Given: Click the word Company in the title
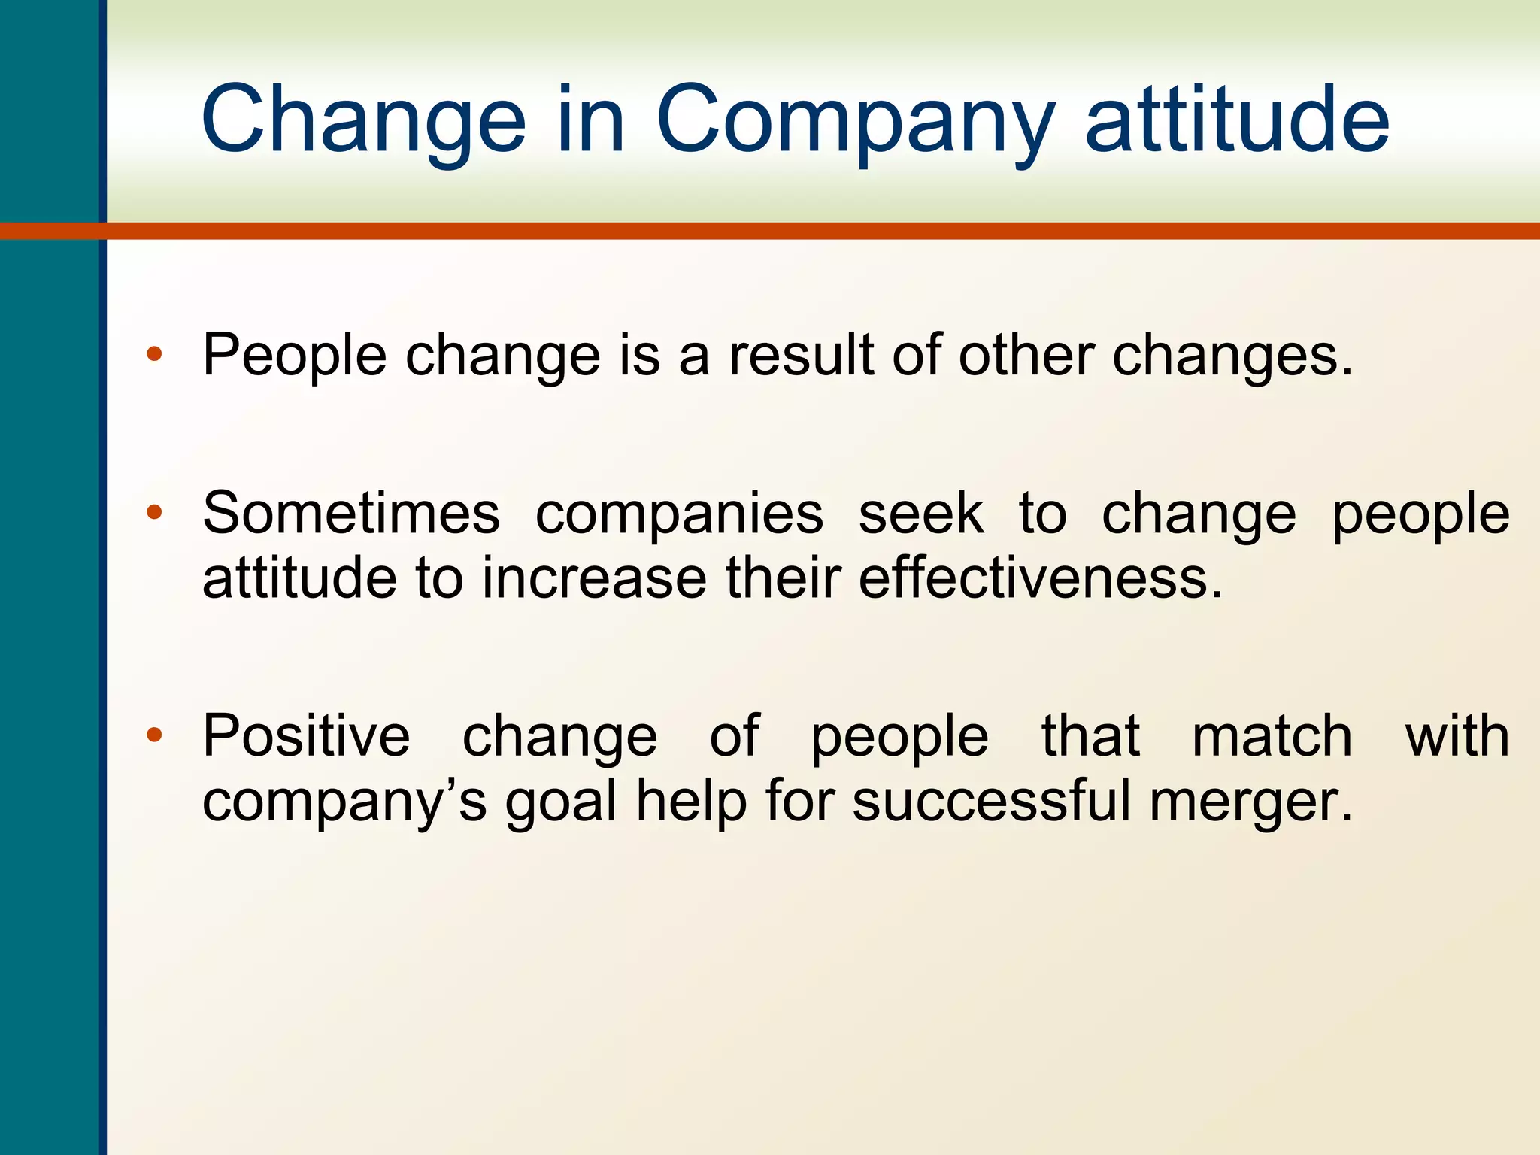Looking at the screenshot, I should (853, 120).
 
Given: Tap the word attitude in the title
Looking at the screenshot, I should (1237, 120).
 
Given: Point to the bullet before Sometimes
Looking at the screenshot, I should (154, 513).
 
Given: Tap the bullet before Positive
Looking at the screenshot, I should (154, 735).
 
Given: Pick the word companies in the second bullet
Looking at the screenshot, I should (679, 515).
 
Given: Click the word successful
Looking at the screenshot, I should (992, 800).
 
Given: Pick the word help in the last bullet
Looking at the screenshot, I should (692, 802).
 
